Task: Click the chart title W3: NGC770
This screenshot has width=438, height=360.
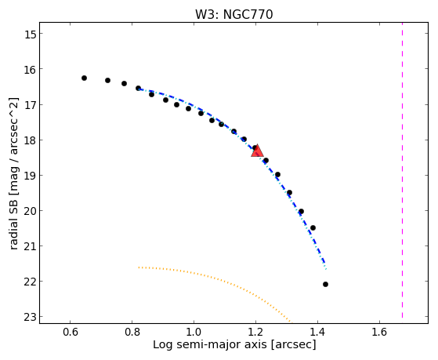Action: (233, 14)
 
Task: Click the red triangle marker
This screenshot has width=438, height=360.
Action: (257, 151)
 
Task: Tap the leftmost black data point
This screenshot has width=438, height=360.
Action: (84, 78)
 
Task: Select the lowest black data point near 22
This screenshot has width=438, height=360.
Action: (325, 285)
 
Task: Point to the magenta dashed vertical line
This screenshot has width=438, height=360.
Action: (402, 170)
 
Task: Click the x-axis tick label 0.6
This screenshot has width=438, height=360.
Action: (70, 332)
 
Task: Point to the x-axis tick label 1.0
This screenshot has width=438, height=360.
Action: (194, 332)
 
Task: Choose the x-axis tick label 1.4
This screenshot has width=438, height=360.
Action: (317, 332)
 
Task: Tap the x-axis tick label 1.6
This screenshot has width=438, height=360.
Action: (379, 332)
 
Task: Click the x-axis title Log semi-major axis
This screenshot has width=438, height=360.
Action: (210, 344)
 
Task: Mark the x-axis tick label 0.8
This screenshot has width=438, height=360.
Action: (132, 332)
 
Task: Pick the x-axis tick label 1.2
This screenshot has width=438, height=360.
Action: (255, 332)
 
